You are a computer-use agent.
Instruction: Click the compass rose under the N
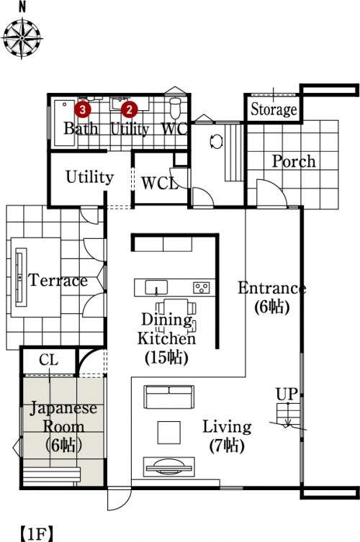[22, 37]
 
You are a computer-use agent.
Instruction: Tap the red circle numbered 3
[82, 109]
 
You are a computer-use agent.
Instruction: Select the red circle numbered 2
[129, 109]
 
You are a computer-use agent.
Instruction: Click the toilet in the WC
[176, 107]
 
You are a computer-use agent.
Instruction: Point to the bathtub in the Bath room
[65, 123]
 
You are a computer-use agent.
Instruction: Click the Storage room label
[274, 109]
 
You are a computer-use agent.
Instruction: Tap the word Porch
[294, 161]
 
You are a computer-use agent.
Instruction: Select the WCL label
[160, 184]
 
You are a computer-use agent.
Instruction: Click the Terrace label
[58, 280]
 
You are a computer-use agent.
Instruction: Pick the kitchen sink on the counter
[156, 288]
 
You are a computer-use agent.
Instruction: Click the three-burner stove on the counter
[202, 288]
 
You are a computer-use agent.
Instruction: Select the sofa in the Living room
[169, 397]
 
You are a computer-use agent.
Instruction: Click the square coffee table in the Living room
[168, 432]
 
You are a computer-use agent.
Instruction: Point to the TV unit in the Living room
[169, 467]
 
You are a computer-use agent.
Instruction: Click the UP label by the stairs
[287, 394]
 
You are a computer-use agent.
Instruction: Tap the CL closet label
[49, 360]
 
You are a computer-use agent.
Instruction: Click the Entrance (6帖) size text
[272, 307]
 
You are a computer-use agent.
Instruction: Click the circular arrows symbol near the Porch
[217, 142]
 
